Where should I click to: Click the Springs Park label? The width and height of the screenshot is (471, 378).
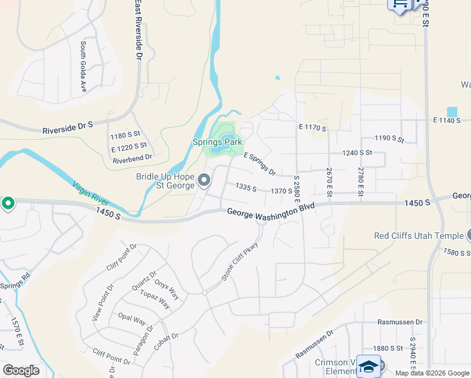(217, 142)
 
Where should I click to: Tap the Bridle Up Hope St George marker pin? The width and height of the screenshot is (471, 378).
(204, 181)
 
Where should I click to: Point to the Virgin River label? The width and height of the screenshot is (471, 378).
(91, 195)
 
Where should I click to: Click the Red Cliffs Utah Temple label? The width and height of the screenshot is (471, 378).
(418, 236)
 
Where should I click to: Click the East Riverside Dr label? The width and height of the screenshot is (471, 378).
(137, 30)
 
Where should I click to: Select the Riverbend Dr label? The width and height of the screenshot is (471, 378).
(132, 157)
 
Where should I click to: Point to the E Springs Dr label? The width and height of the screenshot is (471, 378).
(259, 164)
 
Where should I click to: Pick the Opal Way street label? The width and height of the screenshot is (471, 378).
(133, 320)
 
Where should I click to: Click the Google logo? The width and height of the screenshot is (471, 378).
(21, 370)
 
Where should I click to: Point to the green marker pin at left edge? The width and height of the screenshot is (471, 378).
(8, 203)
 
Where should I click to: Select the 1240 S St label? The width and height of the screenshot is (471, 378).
(357, 152)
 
